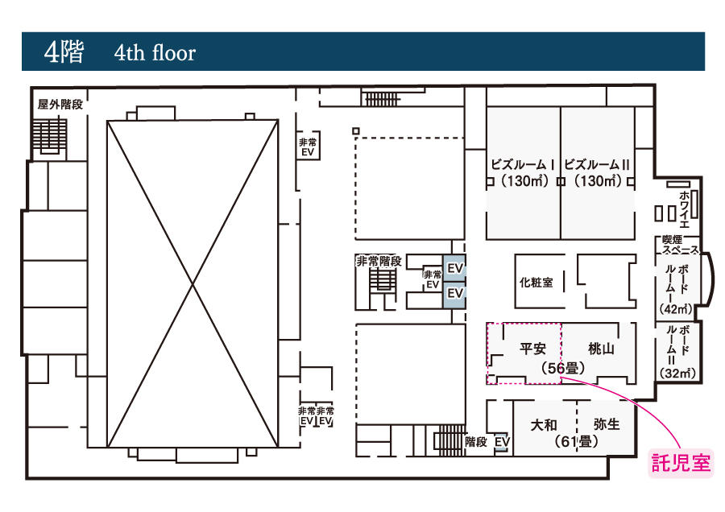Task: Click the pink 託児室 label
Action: click(681, 463)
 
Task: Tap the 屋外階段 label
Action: click(60, 105)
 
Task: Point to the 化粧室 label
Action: click(536, 282)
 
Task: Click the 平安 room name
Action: click(532, 349)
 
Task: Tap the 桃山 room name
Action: click(601, 349)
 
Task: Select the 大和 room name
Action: click(544, 425)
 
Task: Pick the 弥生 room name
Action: click(607, 423)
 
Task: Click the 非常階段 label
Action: click(379, 261)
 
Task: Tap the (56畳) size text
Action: click(563, 368)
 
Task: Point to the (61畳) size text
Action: click(576, 442)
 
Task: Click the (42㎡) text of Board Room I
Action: click(676, 308)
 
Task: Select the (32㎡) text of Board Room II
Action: click(677, 373)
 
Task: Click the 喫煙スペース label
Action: click(680, 245)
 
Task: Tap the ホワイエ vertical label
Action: click(684, 209)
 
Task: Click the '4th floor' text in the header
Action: click(155, 52)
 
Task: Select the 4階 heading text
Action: click(64, 52)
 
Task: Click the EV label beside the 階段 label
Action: click(502, 442)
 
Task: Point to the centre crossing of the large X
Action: click(193, 283)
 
